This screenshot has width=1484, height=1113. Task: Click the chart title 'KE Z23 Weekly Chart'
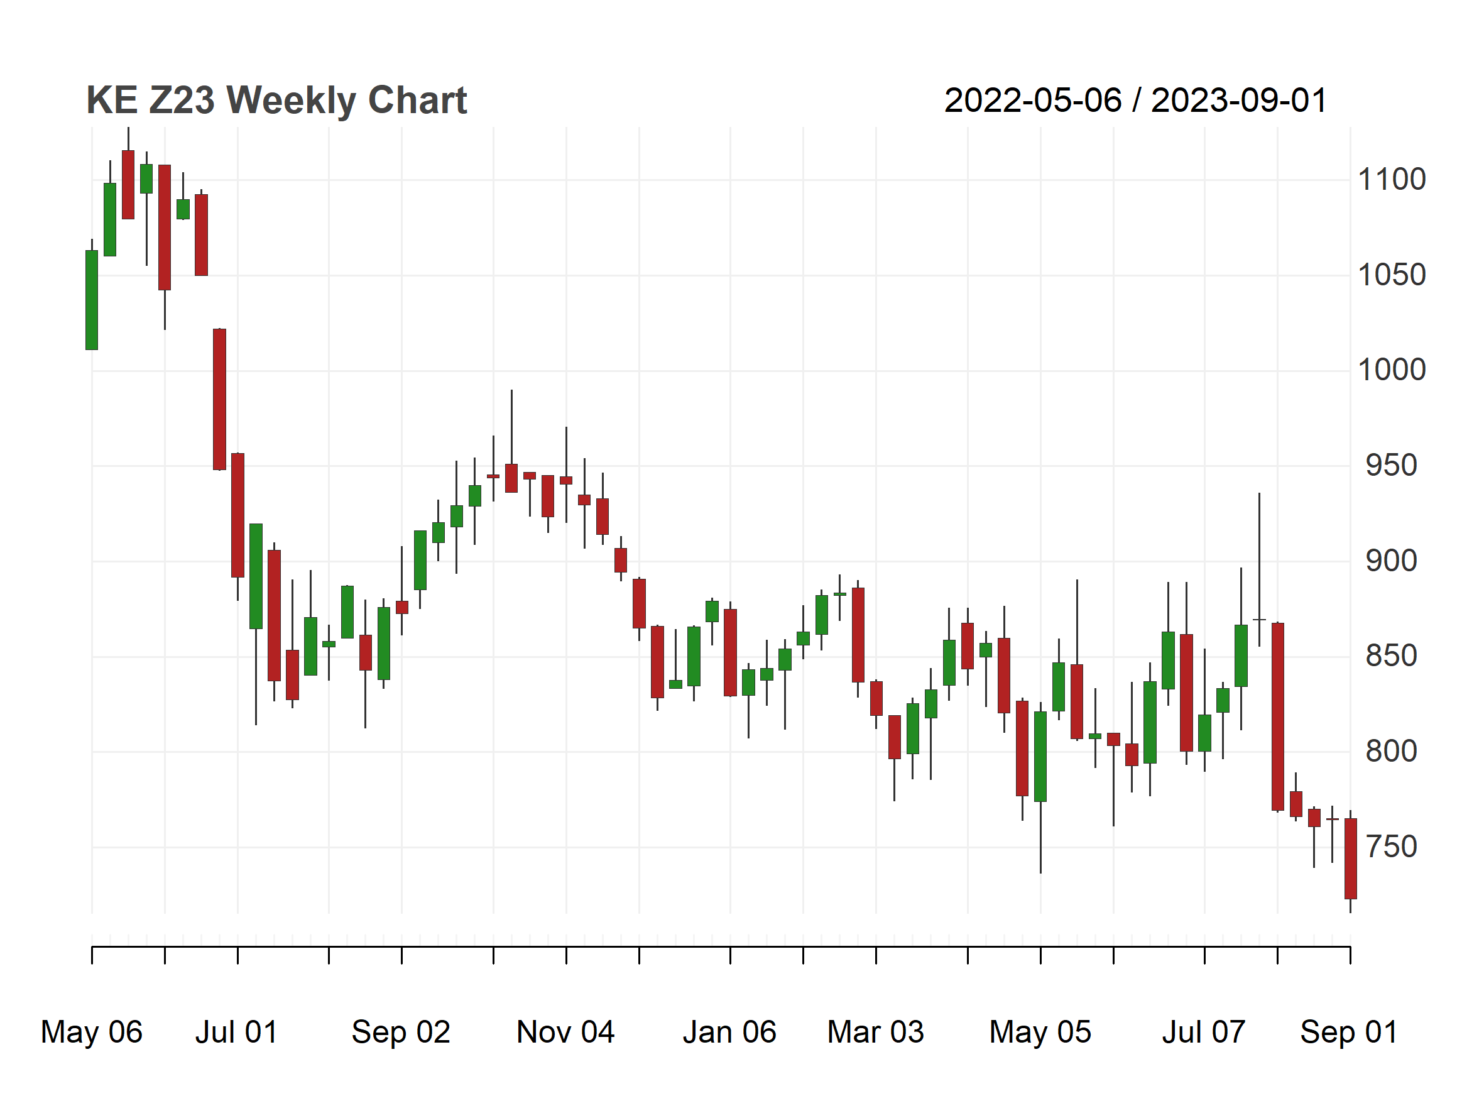(x=276, y=101)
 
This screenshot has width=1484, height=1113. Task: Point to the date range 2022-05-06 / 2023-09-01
(x=1135, y=101)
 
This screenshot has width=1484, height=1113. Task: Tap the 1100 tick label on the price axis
(x=1392, y=180)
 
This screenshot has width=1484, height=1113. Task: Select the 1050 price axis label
(x=1392, y=275)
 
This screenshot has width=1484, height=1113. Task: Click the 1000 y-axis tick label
(x=1392, y=370)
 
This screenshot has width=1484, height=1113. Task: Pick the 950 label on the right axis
(x=1392, y=466)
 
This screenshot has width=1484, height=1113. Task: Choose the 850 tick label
(x=1392, y=656)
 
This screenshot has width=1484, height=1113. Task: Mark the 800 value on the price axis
(x=1392, y=752)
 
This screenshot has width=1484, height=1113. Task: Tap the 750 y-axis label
(x=1392, y=847)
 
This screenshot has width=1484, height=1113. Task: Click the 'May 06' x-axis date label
(x=92, y=1033)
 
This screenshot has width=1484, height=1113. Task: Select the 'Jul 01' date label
(x=237, y=1033)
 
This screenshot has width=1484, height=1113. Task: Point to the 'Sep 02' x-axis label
(x=401, y=1033)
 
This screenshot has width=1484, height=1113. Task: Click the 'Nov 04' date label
(x=565, y=1033)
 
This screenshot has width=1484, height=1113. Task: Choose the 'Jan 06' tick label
(x=730, y=1033)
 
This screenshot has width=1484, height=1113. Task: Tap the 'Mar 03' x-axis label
(x=875, y=1033)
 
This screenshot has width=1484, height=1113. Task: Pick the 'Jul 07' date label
(x=1204, y=1033)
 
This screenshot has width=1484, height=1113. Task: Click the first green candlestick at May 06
(x=92, y=300)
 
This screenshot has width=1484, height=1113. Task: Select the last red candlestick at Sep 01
(x=1351, y=859)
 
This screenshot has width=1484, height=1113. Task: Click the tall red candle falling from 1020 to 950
(x=219, y=399)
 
